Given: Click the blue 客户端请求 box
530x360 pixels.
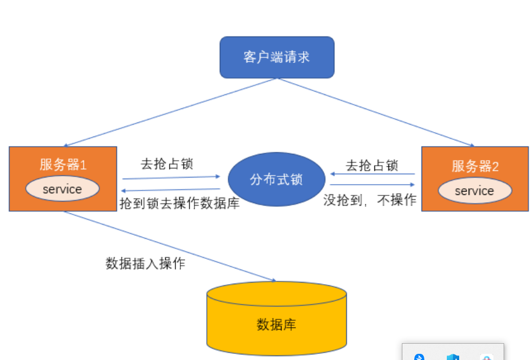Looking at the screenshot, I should (277, 57).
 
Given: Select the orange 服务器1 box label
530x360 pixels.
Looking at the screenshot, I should (63, 165).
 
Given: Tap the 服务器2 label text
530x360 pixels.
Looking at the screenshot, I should (475, 166).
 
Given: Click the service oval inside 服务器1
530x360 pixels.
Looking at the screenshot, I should (62, 189).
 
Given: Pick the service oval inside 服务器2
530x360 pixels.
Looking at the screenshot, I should (474, 191).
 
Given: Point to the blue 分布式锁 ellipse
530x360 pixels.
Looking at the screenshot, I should (277, 180).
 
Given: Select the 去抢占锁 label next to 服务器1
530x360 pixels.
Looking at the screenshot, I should (167, 164).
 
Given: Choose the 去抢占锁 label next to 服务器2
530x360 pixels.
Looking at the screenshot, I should (372, 165).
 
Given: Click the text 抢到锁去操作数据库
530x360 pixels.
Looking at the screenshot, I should (180, 203).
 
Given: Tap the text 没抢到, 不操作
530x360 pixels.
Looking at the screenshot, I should (370, 200).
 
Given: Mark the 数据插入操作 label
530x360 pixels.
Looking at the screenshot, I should (146, 263).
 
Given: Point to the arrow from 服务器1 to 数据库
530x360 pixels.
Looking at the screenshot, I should (169, 246).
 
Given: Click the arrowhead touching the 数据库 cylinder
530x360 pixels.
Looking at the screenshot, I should (273, 280).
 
